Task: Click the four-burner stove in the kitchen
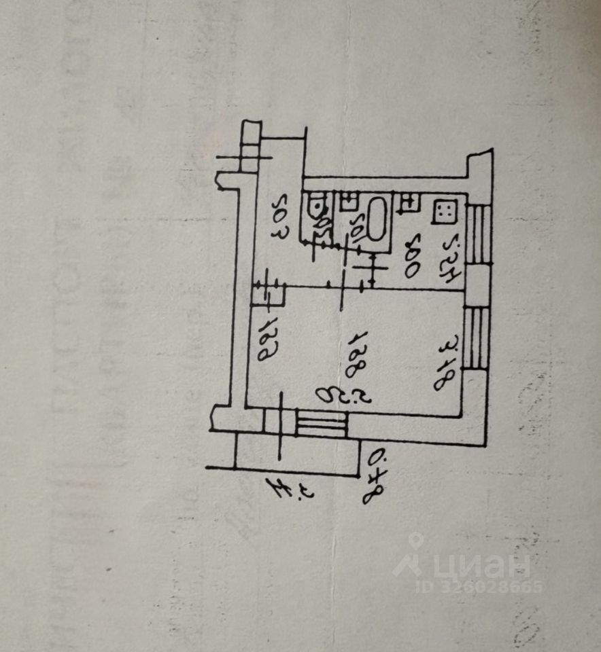pyautogui.click(x=445, y=211)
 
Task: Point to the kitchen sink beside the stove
pyautogui.click(x=409, y=202)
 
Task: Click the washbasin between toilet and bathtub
pyautogui.click(x=349, y=201)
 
